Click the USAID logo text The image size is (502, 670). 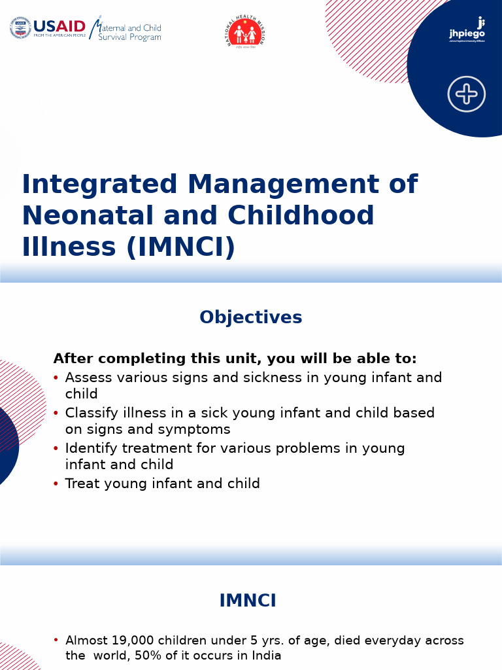(x=59, y=26)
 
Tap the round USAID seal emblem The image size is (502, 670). (x=20, y=28)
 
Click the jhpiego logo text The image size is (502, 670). (x=467, y=33)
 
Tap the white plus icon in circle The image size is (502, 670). (x=467, y=94)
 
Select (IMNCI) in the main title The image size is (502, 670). (x=181, y=247)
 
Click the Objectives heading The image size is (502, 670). (x=251, y=317)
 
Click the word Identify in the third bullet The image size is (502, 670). (x=90, y=448)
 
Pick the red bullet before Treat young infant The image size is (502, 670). (x=56, y=484)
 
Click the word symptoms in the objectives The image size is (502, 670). (x=203, y=429)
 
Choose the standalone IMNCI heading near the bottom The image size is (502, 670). (x=248, y=601)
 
